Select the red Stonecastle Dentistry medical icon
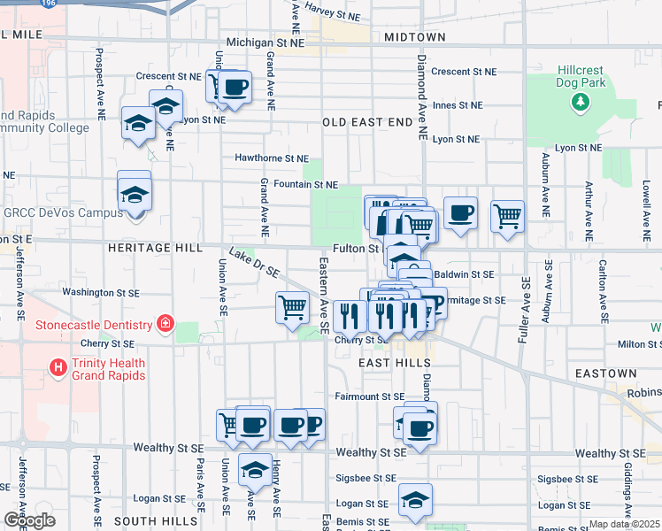point(163,324)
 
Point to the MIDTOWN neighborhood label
point(415,37)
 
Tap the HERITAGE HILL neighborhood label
point(155,249)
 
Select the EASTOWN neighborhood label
point(605,374)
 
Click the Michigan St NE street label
point(271,42)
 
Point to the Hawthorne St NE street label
point(270,158)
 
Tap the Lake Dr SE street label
point(255,260)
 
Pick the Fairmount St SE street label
point(369,396)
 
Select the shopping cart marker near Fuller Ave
point(507,214)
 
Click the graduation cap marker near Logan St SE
point(415,499)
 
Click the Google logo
point(30,520)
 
